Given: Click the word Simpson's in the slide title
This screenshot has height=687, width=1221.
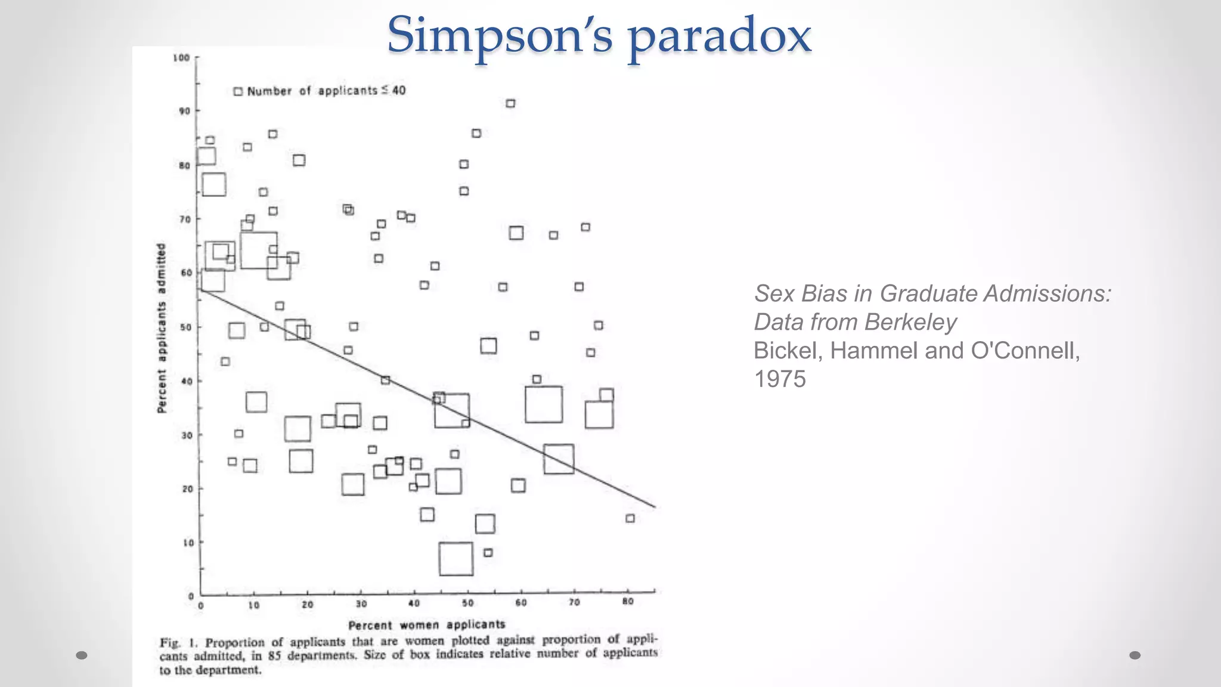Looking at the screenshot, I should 500,35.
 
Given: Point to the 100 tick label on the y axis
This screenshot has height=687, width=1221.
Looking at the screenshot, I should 181,58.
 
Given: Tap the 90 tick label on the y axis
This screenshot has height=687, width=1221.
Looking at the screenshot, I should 184,111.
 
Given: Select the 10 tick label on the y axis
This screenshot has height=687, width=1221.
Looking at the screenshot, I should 188,543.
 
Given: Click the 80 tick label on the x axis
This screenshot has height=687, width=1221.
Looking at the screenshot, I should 628,602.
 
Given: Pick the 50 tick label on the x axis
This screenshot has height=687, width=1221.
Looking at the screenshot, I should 468,603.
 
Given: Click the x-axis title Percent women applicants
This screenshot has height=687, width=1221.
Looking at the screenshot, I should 427,625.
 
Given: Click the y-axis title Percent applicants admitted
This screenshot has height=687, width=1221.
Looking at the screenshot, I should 161,328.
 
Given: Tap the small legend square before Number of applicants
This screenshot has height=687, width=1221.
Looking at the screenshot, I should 238,91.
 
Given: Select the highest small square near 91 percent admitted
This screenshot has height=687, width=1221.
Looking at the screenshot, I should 510,103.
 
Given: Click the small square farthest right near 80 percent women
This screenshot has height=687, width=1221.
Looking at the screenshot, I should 630,518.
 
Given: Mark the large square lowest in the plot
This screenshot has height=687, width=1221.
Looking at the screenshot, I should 456,559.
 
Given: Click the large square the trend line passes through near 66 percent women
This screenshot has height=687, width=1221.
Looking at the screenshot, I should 559,459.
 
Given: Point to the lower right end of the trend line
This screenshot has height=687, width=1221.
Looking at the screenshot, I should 655,507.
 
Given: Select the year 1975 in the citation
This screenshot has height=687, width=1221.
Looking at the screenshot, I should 780,379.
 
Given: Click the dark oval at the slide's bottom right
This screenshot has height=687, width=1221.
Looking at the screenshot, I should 1135,655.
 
